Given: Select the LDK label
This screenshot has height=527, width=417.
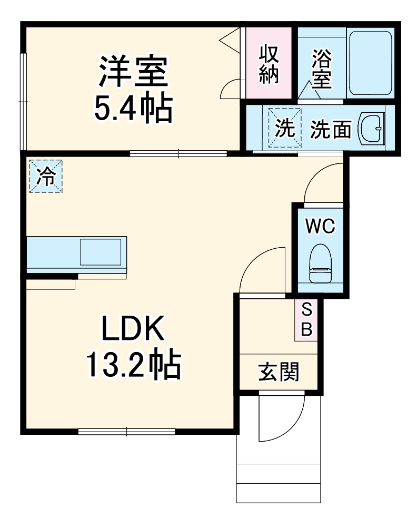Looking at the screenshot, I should click(133, 329).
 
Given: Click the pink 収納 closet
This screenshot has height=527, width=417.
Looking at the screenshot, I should click(269, 63).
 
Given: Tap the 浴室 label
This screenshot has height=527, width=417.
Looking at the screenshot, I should click(321, 69).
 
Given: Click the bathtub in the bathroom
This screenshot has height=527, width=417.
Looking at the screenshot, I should click(371, 63).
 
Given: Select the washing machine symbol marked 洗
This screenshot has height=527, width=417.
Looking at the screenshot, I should click(285, 128).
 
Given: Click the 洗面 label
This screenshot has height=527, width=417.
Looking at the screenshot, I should click(330, 129).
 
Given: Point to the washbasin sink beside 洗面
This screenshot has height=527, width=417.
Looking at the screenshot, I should click(372, 129).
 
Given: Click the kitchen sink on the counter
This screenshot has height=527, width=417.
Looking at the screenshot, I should click(103, 252).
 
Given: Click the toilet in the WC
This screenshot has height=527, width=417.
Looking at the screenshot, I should click(321, 263).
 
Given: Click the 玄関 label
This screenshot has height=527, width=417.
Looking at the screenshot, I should click(279, 373).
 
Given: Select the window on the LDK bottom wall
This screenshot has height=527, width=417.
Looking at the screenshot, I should click(126, 432).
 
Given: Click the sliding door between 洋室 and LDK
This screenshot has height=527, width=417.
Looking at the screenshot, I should click(178, 154).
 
